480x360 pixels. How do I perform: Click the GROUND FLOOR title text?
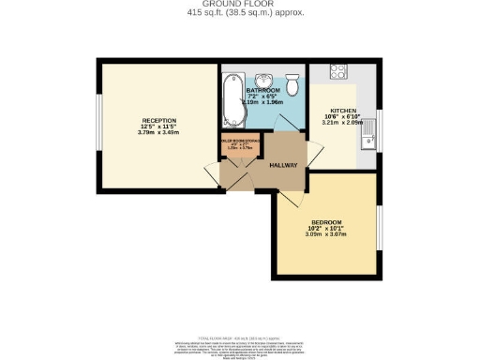tap(239, 4)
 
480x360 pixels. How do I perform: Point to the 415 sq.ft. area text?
tap(239, 12)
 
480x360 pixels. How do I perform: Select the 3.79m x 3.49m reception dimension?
tap(153, 132)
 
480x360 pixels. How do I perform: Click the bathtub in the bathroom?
tap(232, 99)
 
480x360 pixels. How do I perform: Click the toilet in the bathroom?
tap(293, 87)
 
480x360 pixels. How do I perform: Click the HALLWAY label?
tap(283, 165)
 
